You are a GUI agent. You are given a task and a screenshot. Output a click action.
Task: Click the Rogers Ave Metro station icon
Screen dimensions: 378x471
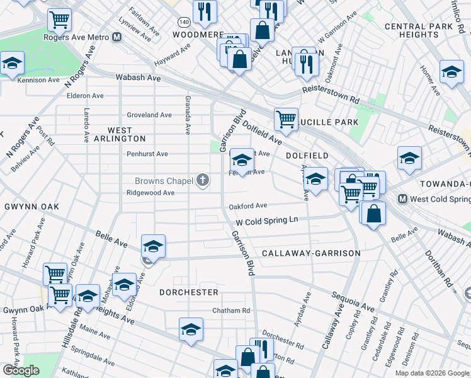(x=117, y=37)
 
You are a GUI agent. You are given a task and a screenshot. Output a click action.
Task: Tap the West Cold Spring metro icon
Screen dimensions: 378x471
(x=402, y=198)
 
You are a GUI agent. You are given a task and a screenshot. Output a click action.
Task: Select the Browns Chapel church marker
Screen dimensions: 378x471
(x=202, y=181)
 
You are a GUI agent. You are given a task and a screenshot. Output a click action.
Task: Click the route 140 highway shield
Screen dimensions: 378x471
(x=182, y=21)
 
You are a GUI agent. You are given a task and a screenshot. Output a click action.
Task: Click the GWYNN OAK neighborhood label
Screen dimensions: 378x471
(x=31, y=207)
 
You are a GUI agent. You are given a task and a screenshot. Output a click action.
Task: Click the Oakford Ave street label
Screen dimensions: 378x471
(x=248, y=205)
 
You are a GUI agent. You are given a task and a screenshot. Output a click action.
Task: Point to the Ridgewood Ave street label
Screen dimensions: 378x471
(x=150, y=193)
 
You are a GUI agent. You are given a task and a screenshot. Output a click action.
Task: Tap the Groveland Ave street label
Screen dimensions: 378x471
(x=149, y=115)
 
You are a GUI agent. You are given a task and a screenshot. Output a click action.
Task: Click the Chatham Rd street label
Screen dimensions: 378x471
(x=231, y=311)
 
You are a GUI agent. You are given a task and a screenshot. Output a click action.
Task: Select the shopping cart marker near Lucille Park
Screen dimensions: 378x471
(x=286, y=118)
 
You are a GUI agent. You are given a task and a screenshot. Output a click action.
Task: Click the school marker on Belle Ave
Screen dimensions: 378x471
(x=153, y=246)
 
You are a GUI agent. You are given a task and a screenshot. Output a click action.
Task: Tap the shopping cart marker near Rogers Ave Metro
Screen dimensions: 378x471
(x=59, y=20)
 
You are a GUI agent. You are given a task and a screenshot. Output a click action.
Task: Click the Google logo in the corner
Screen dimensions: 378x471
(x=20, y=370)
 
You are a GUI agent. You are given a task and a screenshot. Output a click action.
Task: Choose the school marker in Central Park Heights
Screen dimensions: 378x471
(x=451, y=72)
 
